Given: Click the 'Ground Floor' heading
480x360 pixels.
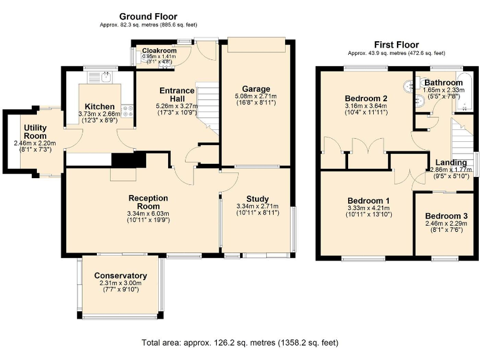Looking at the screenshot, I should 148,16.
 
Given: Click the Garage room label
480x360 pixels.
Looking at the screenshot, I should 256,89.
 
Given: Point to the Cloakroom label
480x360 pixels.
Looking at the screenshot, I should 159,51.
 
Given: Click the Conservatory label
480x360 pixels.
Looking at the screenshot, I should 121,276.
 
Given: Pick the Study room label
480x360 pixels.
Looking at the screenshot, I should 257,199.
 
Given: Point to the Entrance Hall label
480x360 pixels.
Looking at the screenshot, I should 177,94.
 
